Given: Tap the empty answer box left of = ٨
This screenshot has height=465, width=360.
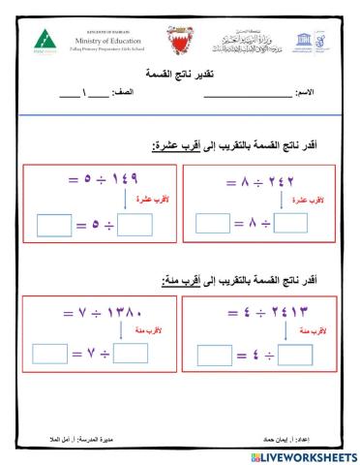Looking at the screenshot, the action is click(x=213, y=224).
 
